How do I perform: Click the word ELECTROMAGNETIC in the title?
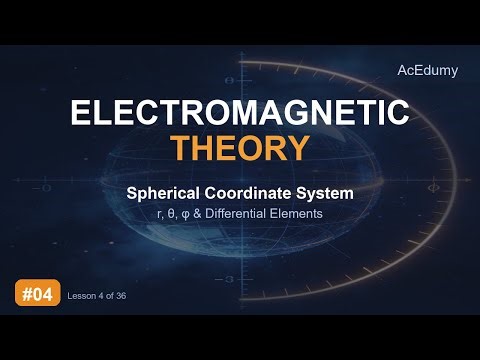click(239, 112)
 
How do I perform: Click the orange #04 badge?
click(36, 294)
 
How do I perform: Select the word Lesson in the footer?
click(80, 295)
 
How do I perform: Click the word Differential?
click(254, 211)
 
